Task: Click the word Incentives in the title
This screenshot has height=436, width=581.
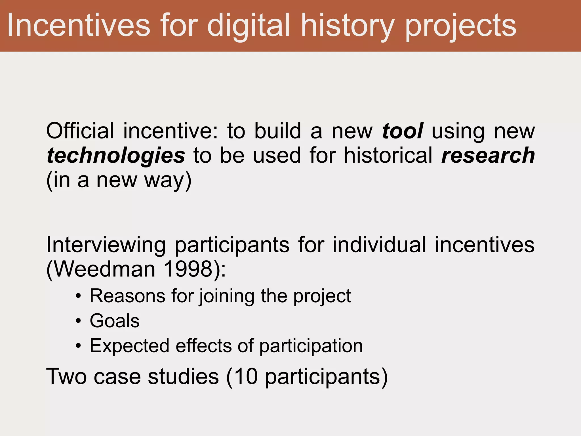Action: click(78, 26)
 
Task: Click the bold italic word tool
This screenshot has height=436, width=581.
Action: click(403, 131)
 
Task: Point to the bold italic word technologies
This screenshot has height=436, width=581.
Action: click(116, 156)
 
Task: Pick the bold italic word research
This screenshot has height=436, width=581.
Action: click(488, 156)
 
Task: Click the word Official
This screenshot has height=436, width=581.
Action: click(80, 131)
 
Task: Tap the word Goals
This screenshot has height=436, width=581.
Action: click(115, 321)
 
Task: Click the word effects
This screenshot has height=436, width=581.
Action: click(204, 346)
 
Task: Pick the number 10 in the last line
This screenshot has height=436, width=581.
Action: click(246, 377)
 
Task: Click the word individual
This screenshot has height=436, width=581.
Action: click(379, 245)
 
